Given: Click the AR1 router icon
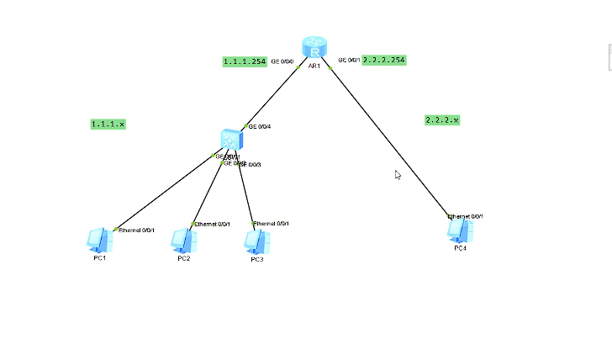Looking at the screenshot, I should point(314,47).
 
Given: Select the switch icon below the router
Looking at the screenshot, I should point(230,140).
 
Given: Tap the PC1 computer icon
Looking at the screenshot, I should point(99,240).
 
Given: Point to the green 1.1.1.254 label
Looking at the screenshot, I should point(245,61).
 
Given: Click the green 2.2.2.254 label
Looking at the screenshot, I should point(384,60).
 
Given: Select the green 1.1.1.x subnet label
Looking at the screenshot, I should point(108,124).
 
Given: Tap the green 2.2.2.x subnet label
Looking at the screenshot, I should point(442,120).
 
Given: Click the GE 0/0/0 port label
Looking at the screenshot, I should point(282,61).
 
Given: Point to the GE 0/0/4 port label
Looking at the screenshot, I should point(260,126).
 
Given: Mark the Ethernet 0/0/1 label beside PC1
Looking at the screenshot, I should point(136,230).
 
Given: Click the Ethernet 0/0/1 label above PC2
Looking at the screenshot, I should point(212,224).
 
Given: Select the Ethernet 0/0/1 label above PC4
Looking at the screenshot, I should point(466,216).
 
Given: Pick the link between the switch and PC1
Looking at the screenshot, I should point(164,192).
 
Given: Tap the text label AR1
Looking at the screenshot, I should point(314,66).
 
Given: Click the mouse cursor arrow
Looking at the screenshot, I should point(398,175).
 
